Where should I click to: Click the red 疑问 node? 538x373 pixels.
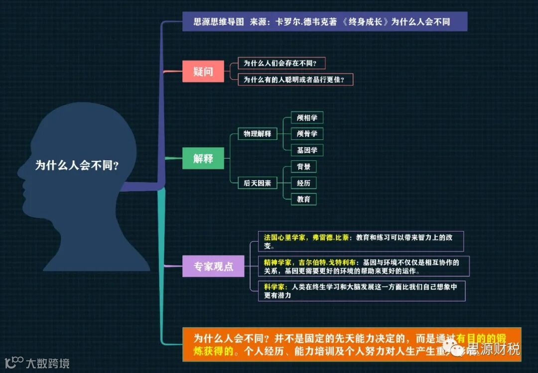point(203,71)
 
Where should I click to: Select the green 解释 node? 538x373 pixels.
point(203,158)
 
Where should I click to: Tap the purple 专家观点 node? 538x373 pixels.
point(213,266)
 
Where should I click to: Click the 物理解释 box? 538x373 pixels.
point(257,133)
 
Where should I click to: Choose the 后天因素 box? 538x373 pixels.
point(257,183)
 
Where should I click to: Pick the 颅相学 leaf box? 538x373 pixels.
point(307,118)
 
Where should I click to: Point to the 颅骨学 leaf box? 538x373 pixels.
point(307,133)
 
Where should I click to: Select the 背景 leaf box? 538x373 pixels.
point(303,167)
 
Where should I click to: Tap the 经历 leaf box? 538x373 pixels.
point(303,183)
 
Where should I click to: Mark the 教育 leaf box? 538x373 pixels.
point(303,199)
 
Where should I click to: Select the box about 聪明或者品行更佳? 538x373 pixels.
point(295,79)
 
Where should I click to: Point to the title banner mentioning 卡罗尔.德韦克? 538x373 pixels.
point(324,22)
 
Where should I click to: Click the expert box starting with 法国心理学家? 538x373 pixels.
point(361,242)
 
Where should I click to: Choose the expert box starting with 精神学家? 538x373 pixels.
point(364,266)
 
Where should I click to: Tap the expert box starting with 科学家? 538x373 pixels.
point(361,291)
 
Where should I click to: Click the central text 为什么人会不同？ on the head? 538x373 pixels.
point(77,166)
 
